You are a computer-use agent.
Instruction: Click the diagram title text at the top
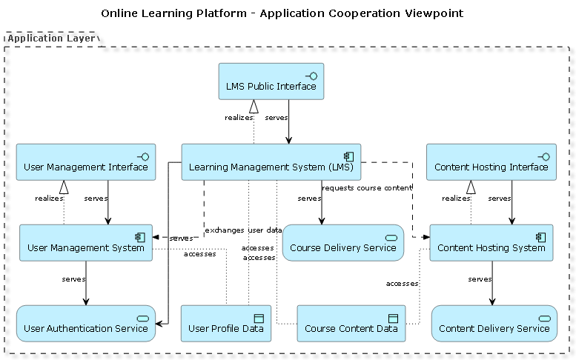pos(282,13)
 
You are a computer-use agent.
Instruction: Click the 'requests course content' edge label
pos(366,188)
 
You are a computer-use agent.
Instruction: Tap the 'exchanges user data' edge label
pos(242,230)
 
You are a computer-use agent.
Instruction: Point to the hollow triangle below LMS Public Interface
pos(254,106)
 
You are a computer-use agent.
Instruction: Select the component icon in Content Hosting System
pos(540,236)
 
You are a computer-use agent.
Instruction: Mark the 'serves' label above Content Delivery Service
pos(480,279)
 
